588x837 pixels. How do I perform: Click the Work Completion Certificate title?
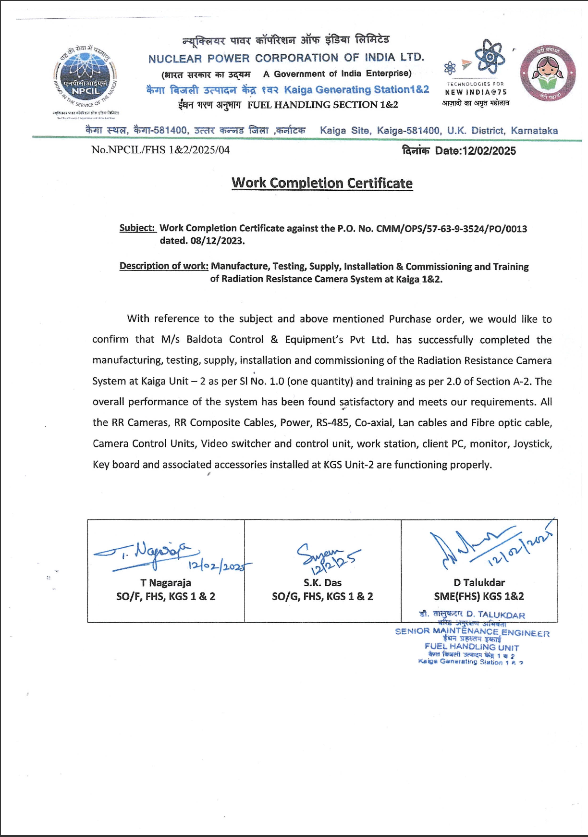click(322, 183)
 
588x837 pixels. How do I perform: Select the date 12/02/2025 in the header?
click(489, 151)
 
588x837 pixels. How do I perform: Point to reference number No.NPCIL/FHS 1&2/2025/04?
click(160, 150)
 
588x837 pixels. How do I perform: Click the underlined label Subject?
click(137, 228)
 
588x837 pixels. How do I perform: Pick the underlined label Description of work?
click(164, 266)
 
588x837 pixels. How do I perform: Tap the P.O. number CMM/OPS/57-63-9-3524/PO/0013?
click(452, 229)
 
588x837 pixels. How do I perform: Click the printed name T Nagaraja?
click(166, 583)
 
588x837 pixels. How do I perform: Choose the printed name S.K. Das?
click(322, 583)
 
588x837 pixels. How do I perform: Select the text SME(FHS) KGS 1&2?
click(479, 596)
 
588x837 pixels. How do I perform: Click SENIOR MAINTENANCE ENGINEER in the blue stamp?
click(472, 632)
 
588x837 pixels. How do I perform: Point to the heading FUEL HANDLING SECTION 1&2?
click(322, 105)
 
